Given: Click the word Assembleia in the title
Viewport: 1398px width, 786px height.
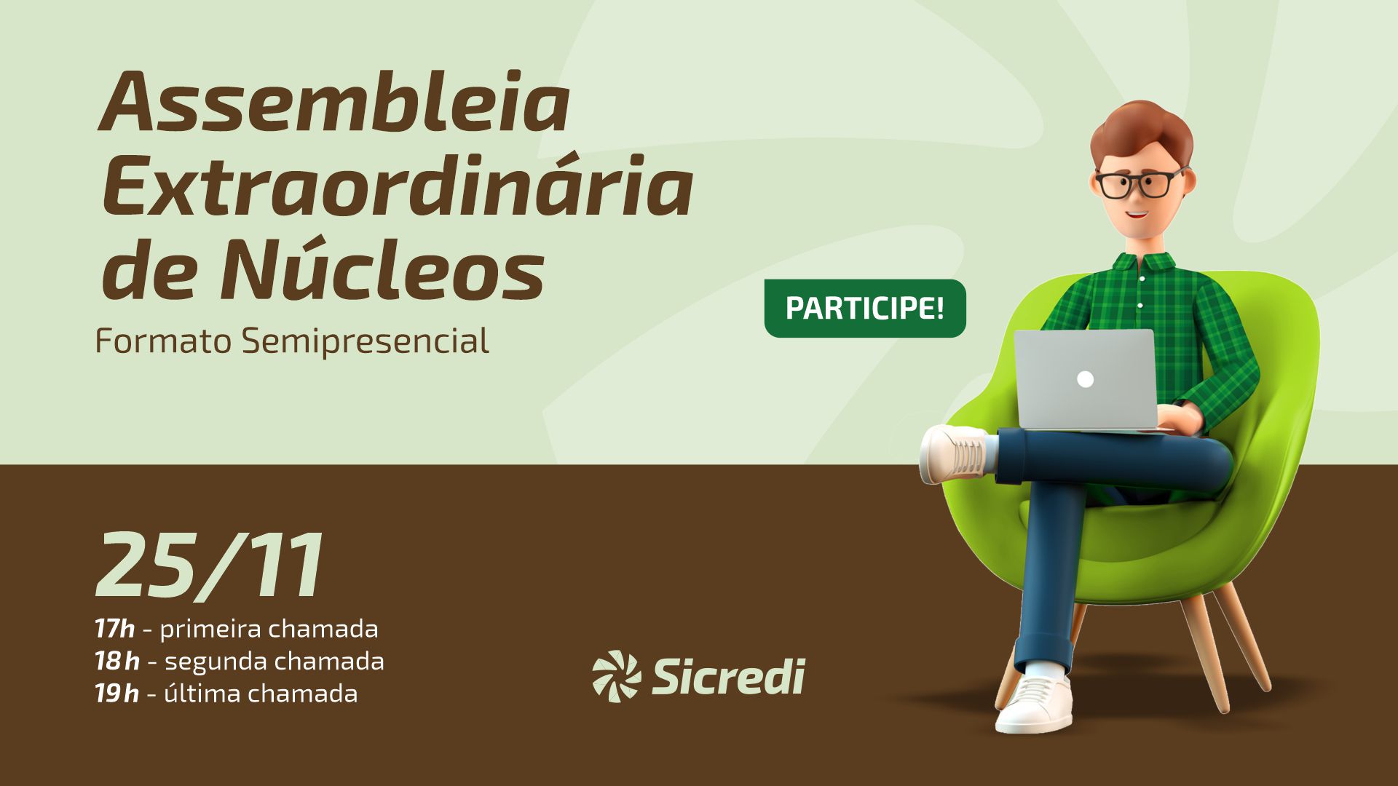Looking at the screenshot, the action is (x=333, y=102).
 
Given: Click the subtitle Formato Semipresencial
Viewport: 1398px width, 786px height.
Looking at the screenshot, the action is (x=292, y=341).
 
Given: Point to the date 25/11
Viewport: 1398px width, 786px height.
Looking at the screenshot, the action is (x=210, y=565).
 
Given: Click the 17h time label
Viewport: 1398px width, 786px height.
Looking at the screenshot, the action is (x=114, y=628).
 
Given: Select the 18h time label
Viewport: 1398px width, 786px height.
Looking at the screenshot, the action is (x=116, y=661).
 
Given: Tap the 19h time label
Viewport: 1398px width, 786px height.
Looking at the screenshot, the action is (x=116, y=694).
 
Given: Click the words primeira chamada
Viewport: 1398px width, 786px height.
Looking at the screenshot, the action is (x=269, y=629).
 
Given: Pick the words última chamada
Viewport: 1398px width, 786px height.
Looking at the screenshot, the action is (x=261, y=693).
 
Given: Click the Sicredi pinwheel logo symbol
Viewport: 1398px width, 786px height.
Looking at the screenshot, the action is (x=616, y=676).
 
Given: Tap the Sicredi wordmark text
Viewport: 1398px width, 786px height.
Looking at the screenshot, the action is (x=728, y=676).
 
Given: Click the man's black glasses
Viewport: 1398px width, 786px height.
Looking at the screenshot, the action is (x=1140, y=183).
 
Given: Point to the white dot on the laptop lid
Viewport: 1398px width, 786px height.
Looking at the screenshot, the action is (x=1085, y=379).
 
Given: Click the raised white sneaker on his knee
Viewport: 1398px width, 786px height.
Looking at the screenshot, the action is (x=954, y=454).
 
